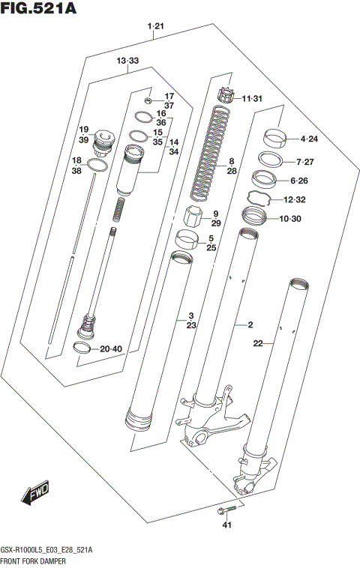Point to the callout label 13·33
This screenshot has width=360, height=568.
coord(127,60)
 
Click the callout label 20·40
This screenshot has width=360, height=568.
coord(109,348)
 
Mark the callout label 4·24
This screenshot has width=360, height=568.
coord(309,139)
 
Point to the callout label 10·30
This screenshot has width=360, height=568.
coord(309,219)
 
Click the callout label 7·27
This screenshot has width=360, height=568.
coord(309,162)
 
